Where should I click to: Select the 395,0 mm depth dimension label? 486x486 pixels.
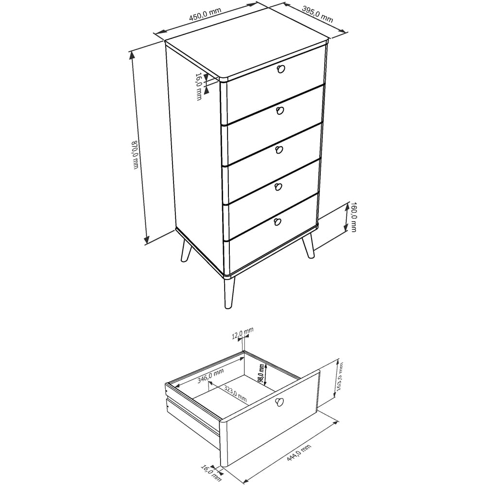(317, 15)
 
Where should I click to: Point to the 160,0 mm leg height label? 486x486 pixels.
(353, 217)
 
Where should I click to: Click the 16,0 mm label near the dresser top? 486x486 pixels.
(199, 87)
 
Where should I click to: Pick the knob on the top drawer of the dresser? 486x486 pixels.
(280, 69)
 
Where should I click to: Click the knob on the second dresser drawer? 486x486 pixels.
(279, 111)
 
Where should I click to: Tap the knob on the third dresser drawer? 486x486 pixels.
(279, 150)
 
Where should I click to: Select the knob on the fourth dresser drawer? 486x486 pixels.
(278, 187)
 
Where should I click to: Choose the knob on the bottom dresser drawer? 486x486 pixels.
(278, 222)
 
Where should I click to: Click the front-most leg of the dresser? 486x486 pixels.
(228, 293)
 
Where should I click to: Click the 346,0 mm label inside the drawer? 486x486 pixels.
(210, 376)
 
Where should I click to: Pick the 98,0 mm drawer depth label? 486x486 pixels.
(261, 373)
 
